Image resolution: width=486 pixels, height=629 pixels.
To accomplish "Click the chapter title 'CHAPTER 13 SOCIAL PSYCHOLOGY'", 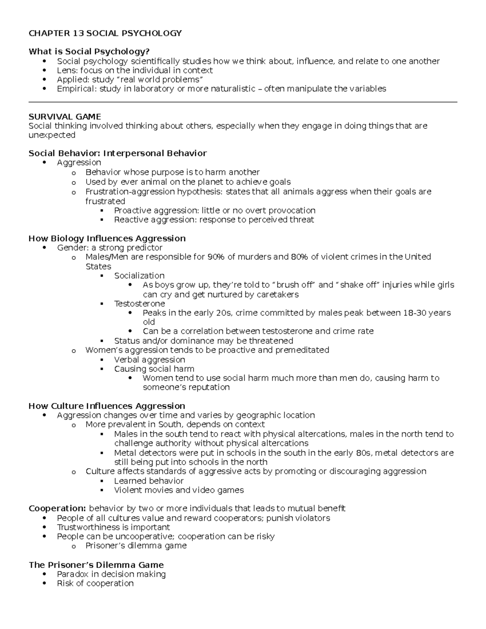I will click(105, 33).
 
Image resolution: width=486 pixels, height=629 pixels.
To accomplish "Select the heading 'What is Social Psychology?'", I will click(89, 51).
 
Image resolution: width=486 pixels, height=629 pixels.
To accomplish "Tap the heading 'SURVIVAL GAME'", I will click(65, 117).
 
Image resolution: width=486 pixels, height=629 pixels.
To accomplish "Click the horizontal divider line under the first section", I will click(243, 102).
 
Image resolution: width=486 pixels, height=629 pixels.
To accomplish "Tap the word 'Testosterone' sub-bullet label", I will click(139, 303).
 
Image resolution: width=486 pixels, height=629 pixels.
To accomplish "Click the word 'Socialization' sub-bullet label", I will click(139, 275).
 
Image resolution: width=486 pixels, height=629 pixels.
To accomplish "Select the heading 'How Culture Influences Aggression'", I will click(107, 406).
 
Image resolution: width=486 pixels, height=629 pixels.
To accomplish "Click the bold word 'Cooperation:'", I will click(57, 508).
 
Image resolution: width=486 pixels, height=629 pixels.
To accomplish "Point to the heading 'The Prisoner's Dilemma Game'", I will click(96, 565).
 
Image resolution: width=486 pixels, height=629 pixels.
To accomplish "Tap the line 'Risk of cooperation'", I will click(95, 583).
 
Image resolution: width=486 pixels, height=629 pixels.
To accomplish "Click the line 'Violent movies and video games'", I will click(179, 490).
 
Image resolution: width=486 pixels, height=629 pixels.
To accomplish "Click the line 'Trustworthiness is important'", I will click(113, 527).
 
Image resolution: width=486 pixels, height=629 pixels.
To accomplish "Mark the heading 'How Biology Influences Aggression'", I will click(107, 238).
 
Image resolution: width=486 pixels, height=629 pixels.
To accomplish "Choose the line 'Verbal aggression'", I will click(149, 359).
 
